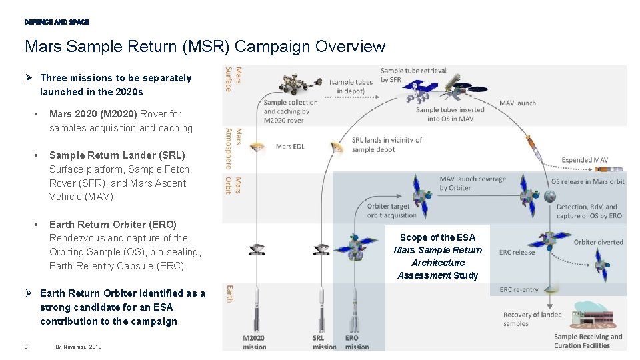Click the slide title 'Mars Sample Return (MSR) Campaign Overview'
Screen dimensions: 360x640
[x=205, y=47]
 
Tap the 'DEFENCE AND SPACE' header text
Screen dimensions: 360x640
[x=57, y=22]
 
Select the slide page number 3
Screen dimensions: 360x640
[x=25, y=346]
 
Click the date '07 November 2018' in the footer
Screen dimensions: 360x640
[x=79, y=346]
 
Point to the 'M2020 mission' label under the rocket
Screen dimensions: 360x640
[x=255, y=343]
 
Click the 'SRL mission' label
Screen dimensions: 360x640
[x=325, y=343]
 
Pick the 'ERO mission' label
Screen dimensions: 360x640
[x=357, y=343]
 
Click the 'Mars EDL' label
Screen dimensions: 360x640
[x=290, y=147]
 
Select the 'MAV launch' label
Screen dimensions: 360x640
[x=517, y=103]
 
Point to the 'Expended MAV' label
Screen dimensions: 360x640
[x=585, y=160]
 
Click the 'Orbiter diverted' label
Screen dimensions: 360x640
[x=598, y=242]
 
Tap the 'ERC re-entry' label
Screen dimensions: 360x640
[x=519, y=290]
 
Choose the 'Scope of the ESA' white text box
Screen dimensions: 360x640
[x=437, y=256]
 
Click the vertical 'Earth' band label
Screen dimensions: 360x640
[x=229, y=293]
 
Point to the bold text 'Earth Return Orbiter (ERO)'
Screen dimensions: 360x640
[x=113, y=225]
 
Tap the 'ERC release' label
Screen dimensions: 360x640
[x=517, y=252]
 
